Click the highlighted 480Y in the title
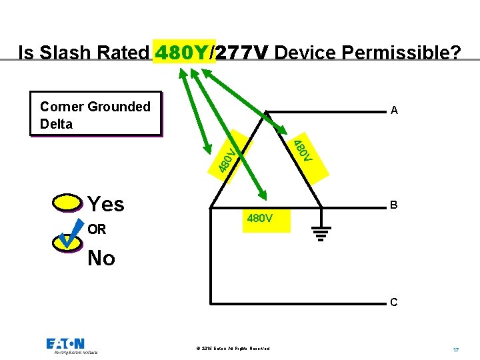(x=184, y=52)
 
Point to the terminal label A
(x=394, y=111)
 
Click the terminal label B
(x=394, y=205)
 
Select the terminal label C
(x=394, y=302)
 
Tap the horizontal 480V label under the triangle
(x=259, y=218)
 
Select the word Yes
(x=106, y=204)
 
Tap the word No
(x=101, y=258)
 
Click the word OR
(x=97, y=229)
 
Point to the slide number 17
(x=455, y=349)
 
